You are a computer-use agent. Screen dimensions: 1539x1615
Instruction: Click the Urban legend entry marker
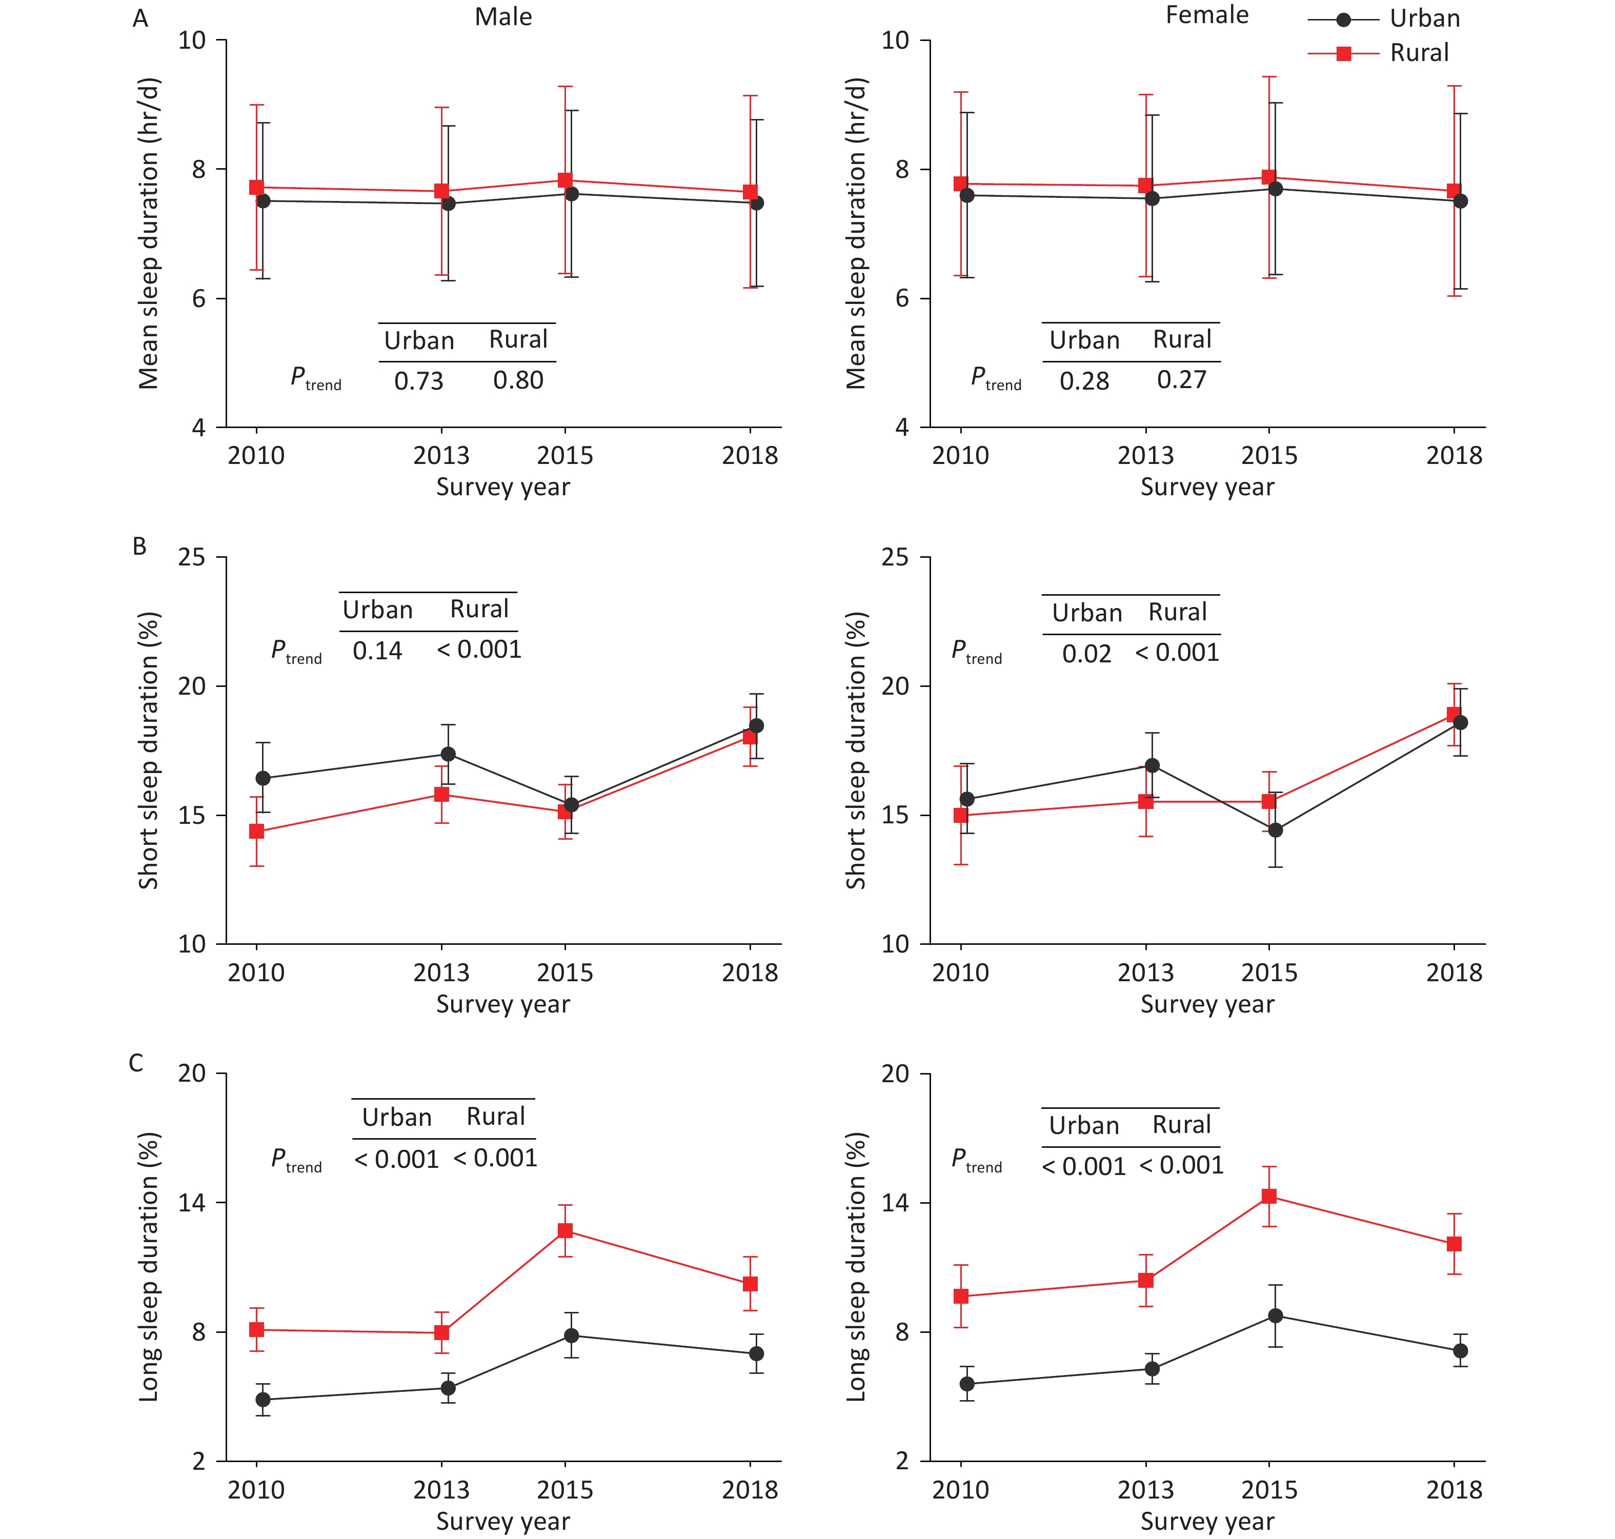[1343, 19]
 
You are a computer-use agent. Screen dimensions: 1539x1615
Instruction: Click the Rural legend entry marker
[1343, 53]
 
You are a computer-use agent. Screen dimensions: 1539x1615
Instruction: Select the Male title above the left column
[503, 17]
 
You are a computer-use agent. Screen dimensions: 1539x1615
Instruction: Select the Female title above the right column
[1206, 15]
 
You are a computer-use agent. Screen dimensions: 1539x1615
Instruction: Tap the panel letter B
[139, 546]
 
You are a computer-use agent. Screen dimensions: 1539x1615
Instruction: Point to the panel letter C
[136, 1063]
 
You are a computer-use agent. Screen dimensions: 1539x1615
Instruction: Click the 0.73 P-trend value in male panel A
[418, 380]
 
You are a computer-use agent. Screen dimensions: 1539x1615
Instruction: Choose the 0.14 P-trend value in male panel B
[377, 651]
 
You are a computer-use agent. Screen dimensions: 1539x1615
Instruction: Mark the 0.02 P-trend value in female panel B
[1086, 654]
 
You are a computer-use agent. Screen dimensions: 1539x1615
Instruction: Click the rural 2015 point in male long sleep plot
[565, 1230]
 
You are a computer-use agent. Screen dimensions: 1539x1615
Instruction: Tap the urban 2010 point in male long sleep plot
[263, 1400]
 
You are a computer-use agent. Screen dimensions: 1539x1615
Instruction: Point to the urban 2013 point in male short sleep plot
[448, 754]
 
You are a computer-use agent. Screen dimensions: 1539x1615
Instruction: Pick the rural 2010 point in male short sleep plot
[257, 831]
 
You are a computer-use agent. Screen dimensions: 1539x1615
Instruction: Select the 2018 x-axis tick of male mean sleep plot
[750, 455]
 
